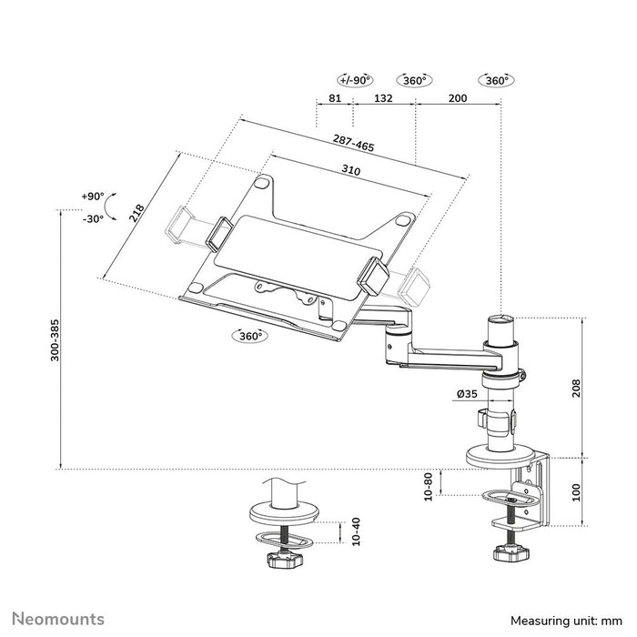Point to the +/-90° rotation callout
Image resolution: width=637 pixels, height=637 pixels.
click(354, 80)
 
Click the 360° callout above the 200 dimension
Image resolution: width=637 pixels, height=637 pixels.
click(496, 80)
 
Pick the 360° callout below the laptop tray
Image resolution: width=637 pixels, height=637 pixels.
click(248, 336)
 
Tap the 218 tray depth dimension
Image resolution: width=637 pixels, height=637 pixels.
click(136, 213)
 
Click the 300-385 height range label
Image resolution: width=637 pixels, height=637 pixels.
click(55, 340)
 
